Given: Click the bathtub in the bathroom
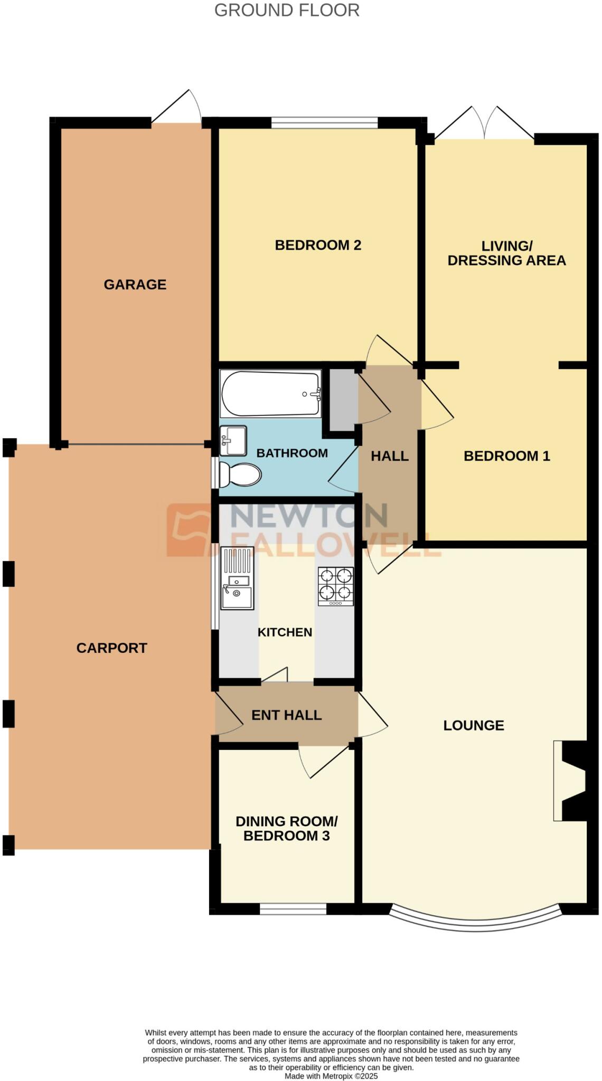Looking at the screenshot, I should coord(270,393).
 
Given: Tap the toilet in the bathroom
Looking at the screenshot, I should coord(240,474).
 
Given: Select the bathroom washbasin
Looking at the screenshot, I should coord(233,440).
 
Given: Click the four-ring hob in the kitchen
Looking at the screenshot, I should coord(335,586).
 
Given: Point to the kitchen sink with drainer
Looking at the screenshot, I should coord(237,578).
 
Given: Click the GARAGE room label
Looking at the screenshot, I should coord(135,285).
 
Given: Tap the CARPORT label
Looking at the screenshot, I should coord(111,648).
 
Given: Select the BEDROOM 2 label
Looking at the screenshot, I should coord(318,245).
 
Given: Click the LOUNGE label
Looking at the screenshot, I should coord(473,725).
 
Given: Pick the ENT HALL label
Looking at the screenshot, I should coord(286,715).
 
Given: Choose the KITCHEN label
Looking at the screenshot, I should coord(285,632).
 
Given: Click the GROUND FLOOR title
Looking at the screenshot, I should coord(287,10).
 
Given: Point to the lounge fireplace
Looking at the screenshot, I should coord(571,781).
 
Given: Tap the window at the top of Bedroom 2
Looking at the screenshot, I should coord(325,124).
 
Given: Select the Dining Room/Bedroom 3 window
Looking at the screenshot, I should coord(293,908).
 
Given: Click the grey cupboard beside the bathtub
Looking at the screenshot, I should coord(342,399).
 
